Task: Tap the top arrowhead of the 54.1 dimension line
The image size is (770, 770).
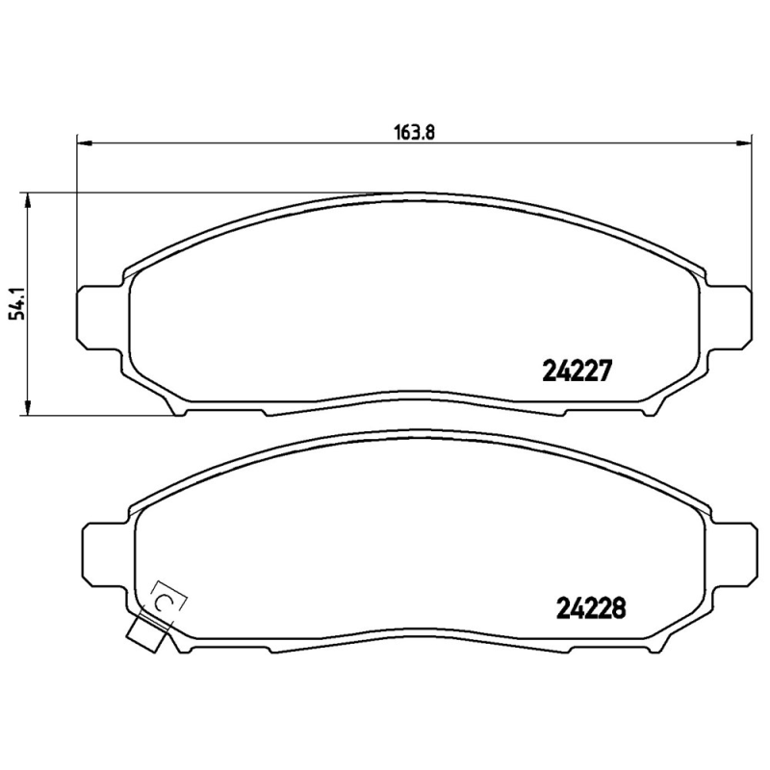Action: [28, 199]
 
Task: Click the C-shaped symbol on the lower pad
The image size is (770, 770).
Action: [165, 602]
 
